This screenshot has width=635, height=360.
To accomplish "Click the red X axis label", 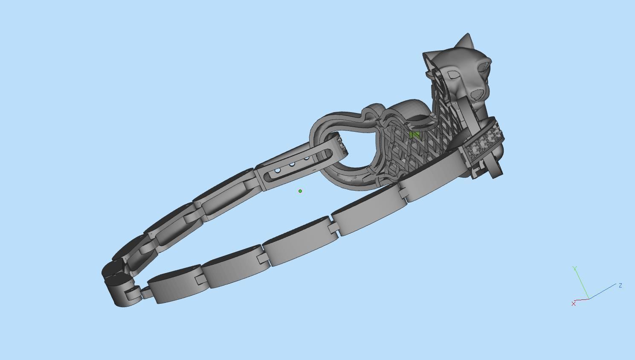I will pyautogui.click(x=574, y=303).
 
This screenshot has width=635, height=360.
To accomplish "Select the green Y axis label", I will pyautogui.click(x=575, y=268).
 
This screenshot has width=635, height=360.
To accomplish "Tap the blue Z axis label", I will pyautogui.click(x=620, y=285).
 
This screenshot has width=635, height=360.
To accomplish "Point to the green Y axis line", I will pyautogui.click(x=582, y=284).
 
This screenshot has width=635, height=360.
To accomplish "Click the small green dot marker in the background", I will pyautogui.click(x=300, y=191).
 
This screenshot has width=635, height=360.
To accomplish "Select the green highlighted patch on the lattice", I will pyautogui.click(x=414, y=135).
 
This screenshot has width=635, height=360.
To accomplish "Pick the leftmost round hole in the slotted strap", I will pyautogui.click(x=278, y=171).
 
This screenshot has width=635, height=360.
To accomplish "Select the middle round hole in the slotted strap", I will pyautogui.click(x=292, y=165).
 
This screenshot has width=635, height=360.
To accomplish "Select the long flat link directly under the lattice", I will pyautogui.click(x=431, y=175).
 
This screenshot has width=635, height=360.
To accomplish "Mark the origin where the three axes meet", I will pyautogui.click(x=589, y=299).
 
